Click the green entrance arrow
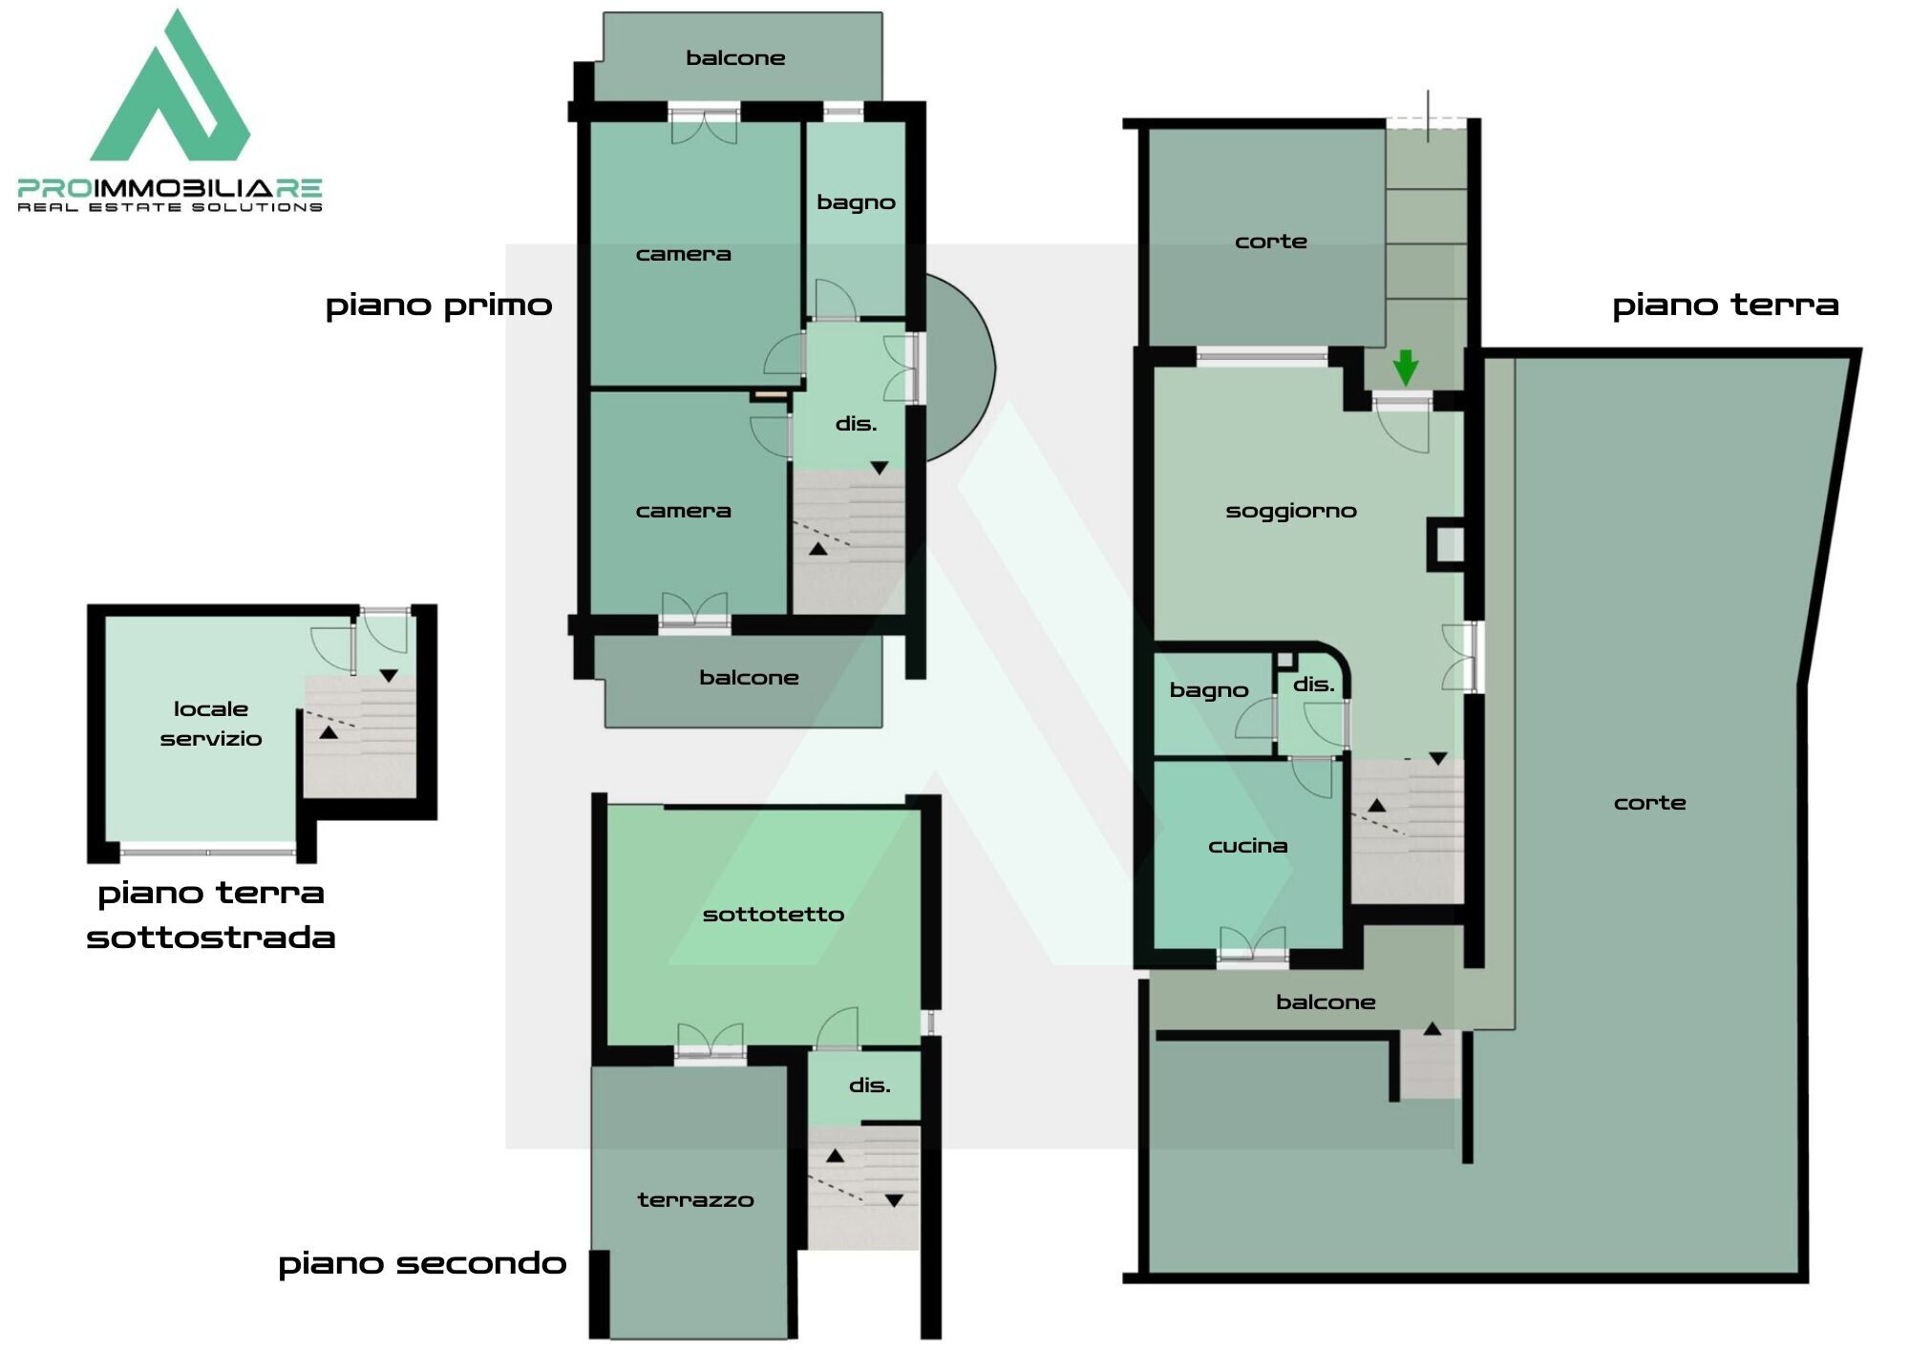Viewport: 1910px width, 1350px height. coord(1405,369)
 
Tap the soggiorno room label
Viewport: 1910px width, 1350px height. coord(1291,512)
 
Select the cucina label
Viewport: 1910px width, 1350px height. coord(1248,846)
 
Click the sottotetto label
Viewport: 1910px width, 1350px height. coord(774,915)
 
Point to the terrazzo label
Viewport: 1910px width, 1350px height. coord(695,1200)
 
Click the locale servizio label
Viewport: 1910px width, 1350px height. coord(211,724)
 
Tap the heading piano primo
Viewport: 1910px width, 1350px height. coord(439,306)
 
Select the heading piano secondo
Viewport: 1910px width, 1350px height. coord(422,1264)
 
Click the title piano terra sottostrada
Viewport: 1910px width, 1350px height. coord(211,915)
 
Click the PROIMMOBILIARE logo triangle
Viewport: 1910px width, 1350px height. coord(172,91)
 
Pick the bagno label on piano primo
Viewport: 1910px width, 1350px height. coord(856,203)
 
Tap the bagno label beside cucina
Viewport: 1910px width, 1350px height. coord(1209,691)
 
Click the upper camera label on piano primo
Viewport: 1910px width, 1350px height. coord(684,254)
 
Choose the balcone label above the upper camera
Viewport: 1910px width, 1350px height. coord(735,58)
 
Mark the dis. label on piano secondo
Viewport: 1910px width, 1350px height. coord(869,1086)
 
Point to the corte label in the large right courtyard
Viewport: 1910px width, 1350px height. coord(1650,803)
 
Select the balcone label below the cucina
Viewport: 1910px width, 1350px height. coord(1326,1002)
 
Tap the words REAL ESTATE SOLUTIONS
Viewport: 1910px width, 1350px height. coord(170,207)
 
